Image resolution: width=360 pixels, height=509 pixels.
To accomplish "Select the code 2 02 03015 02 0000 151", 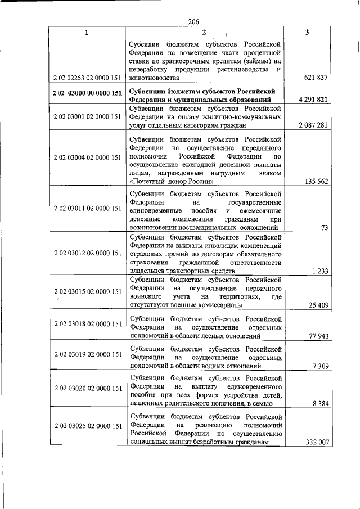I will click(x=87, y=291).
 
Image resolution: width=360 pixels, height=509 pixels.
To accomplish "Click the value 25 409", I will click(x=317, y=305).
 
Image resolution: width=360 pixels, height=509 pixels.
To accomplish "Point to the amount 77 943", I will click(x=317, y=336).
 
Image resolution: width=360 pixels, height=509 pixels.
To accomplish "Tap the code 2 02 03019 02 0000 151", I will click(x=87, y=356).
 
